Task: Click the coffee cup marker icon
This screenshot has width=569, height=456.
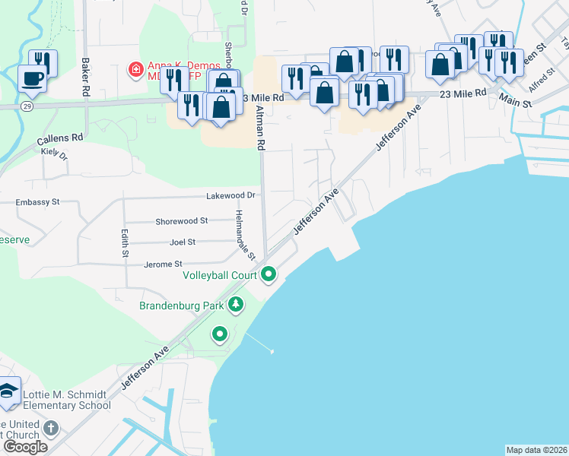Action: coord(32,78)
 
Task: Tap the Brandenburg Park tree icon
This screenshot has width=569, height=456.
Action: coord(236,306)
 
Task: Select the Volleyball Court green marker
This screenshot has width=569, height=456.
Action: coord(268,274)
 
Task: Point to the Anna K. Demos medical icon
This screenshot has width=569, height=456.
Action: coord(135,70)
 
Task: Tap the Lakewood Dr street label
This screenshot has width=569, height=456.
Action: coord(232,195)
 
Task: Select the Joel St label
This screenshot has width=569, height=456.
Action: coord(183,242)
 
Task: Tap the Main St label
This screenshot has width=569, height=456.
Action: coord(513,98)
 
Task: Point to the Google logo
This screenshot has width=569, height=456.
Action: coord(25,446)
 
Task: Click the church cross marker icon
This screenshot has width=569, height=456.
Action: coord(51,427)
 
